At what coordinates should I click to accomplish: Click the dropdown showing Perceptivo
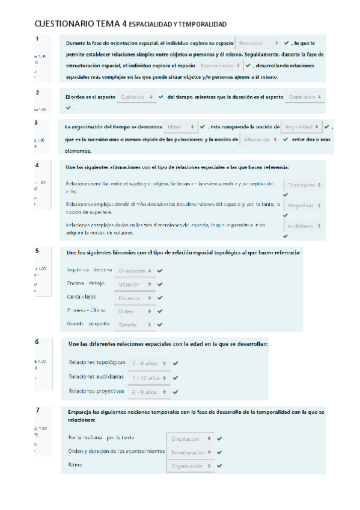tap(258, 43)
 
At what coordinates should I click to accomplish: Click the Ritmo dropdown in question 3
tap(180, 127)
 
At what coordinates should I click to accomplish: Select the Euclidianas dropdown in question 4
tap(304, 226)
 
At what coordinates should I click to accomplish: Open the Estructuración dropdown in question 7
tap(192, 452)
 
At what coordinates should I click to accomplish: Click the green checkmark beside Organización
tap(220, 465)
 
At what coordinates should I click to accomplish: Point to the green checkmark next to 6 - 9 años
tap(175, 392)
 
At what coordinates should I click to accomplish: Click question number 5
tap(37, 251)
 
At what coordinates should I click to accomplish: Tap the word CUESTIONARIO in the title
tap(64, 24)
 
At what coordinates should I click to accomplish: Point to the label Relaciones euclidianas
tap(96, 377)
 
